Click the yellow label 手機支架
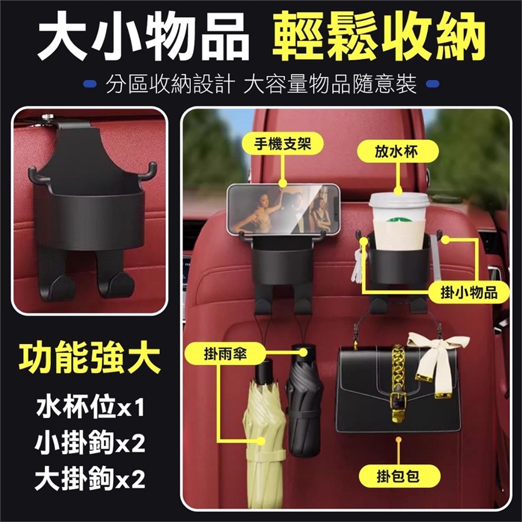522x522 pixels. pyautogui.click(x=283, y=144)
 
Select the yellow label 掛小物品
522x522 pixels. pyautogui.click(x=468, y=293)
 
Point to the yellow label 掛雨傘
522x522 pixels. pyautogui.click(x=226, y=354)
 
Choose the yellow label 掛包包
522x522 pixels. pyautogui.click(x=399, y=476)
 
